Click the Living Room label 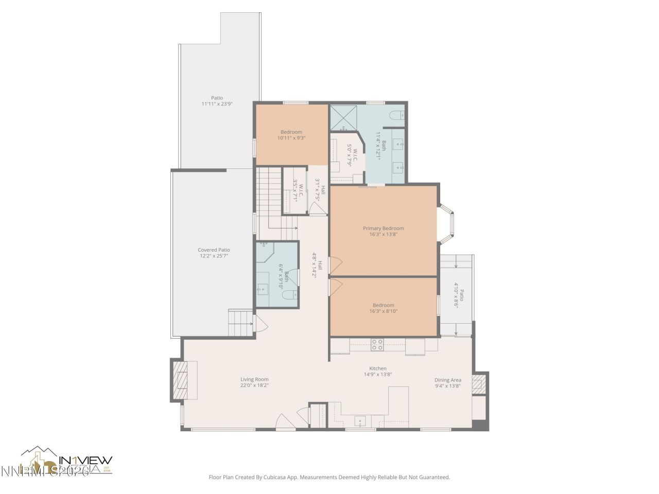coord(254,379)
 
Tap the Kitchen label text coord(377,368)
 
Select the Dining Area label coord(447,380)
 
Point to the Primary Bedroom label coord(383,228)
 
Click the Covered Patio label coord(214,250)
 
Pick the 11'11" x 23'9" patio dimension coord(217,104)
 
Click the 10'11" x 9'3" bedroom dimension coord(291,138)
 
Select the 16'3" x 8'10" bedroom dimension coord(383,311)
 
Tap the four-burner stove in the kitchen coord(377,344)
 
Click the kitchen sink coord(360,420)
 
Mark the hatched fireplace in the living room coord(180,380)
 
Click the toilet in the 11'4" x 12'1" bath coord(397,115)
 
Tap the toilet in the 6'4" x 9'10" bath coord(290,295)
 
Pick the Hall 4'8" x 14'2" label coord(317,265)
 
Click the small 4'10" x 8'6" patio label coord(458,298)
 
